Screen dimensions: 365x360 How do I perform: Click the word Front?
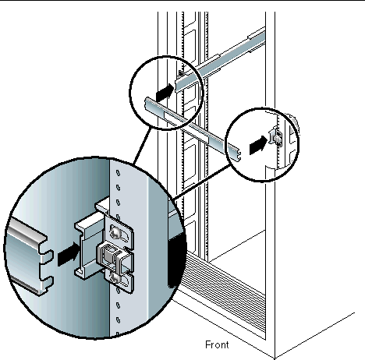(x=217, y=344)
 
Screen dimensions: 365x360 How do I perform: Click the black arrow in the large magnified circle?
(x=69, y=254)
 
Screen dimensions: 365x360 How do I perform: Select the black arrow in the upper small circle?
(x=165, y=93)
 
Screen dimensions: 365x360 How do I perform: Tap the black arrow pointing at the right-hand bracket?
(x=258, y=146)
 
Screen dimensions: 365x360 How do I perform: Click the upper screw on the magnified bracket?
(x=115, y=231)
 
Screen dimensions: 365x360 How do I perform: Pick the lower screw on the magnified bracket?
(x=115, y=278)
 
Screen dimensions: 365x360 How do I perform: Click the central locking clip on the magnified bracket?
(x=114, y=255)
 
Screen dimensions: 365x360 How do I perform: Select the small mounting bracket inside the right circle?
(x=275, y=136)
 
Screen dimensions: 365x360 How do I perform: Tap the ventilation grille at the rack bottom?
(x=224, y=287)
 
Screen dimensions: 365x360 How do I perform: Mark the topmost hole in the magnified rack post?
(x=118, y=173)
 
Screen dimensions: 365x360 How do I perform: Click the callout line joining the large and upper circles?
(x=142, y=146)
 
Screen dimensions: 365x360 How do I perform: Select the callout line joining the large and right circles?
(x=202, y=182)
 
